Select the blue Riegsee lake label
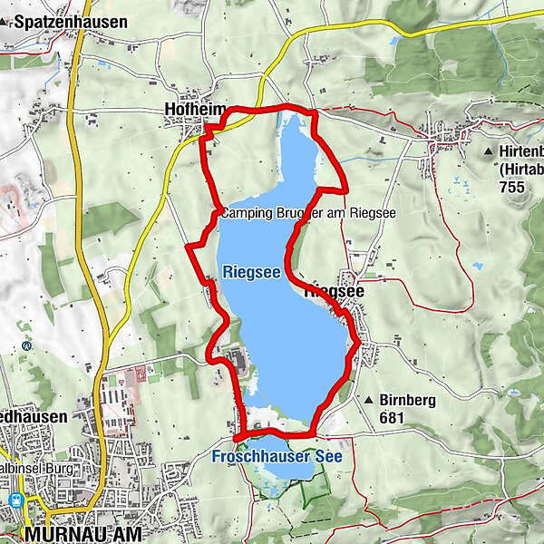[x=243, y=271]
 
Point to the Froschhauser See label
[x=277, y=457]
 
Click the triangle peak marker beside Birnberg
[x=370, y=400]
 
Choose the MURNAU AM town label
[x=85, y=534]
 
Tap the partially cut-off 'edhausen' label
[x=34, y=416]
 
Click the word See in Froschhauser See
[x=328, y=457]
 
